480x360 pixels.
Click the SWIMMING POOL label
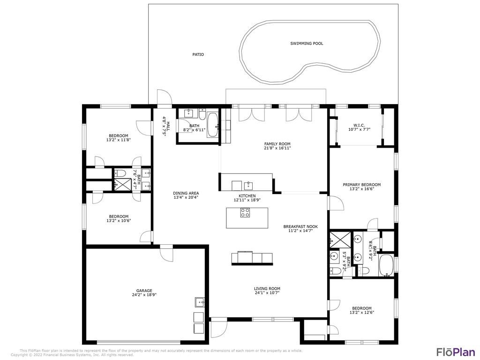[x=307, y=44]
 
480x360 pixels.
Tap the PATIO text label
[x=198, y=54]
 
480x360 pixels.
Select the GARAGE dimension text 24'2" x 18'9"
[x=144, y=295]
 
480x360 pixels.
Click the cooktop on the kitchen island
[x=245, y=213]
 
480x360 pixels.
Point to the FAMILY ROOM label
[x=277, y=144]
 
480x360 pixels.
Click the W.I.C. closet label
[x=359, y=125]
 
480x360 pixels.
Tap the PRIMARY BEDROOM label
[x=361, y=185]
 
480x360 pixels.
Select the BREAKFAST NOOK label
[x=298, y=226]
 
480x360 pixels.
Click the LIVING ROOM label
[x=267, y=289]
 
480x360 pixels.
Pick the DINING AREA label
[x=186, y=193]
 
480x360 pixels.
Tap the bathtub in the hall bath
[x=212, y=125]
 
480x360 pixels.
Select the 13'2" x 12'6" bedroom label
[x=361, y=308]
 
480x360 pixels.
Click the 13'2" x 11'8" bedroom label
[x=117, y=136]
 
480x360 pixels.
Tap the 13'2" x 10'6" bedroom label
[x=118, y=217]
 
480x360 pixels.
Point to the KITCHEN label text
[x=247, y=195]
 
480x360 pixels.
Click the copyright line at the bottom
[x=73, y=355]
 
